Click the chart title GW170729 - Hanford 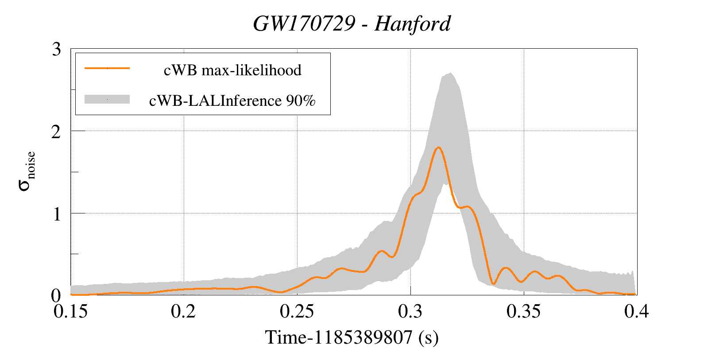(x=352, y=23)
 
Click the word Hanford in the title (x=413, y=23)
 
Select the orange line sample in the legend (x=107, y=68)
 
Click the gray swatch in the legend (x=107, y=100)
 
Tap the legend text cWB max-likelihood (x=232, y=70)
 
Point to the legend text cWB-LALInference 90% (x=232, y=101)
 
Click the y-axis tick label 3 (x=56, y=49)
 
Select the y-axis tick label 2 (x=56, y=132)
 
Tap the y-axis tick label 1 (x=56, y=214)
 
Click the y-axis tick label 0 (x=56, y=295)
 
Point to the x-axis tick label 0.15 (x=70, y=312)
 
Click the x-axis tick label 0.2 (x=184, y=312)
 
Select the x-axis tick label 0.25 (x=297, y=312)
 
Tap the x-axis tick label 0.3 (x=410, y=312)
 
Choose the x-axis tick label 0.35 (x=524, y=312)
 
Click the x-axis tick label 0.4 (x=637, y=312)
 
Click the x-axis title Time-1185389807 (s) (x=352, y=337)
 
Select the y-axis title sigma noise (x=27, y=171)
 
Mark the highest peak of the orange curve (x=438, y=147)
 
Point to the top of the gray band (x=450, y=74)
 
